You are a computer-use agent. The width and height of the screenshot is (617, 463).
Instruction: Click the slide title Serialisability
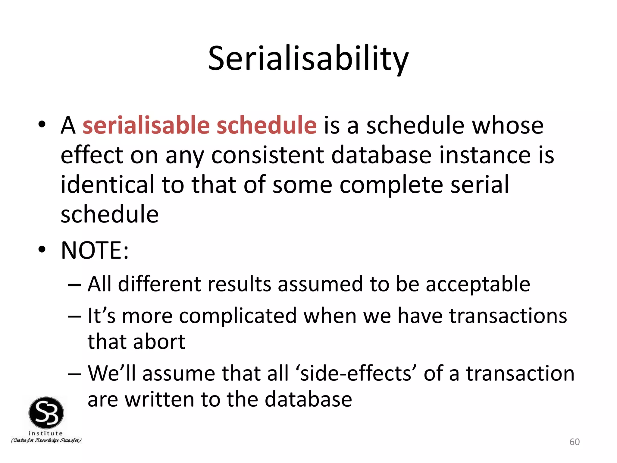pos(308,59)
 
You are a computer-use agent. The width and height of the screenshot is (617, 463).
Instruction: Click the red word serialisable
pos(146,125)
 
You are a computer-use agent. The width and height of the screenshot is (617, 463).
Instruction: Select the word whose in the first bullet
pos(507,125)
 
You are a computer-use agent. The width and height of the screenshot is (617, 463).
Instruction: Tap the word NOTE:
pos(95,250)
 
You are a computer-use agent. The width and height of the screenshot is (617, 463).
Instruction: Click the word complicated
pos(238,316)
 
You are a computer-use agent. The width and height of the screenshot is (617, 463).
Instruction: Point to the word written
pos(159,400)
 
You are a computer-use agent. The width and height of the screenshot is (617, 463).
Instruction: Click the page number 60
pos(574,442)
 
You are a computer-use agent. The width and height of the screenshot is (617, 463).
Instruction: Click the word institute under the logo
pos(45,433)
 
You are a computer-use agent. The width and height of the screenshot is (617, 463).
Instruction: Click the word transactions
pos(508,316)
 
